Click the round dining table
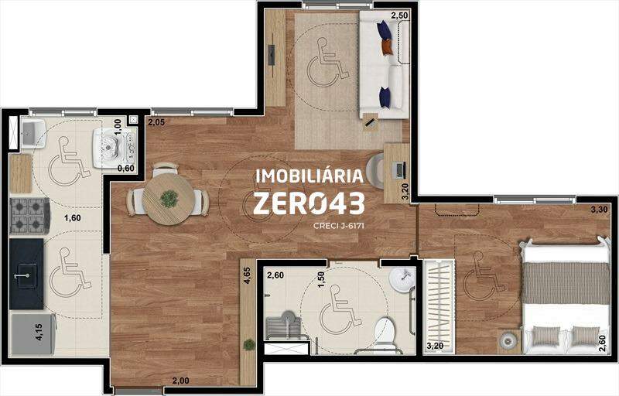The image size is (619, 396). tap(169, 199)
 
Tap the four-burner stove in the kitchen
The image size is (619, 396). tap(29, 216)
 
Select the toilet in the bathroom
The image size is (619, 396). tap(384, 333)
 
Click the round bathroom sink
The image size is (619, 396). tap(402, 280)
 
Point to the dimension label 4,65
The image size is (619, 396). tap(247, 275)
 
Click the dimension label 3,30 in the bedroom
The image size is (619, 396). tap(599, 210)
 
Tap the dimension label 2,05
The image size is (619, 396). tap(156, 122)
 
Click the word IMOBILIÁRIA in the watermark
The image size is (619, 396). tap(309, 176)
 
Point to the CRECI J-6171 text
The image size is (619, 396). tap(338, 226)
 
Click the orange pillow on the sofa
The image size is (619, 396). tap(387, 46)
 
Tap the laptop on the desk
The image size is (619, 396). tap(399, 170)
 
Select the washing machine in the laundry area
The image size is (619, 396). tap(114, 148)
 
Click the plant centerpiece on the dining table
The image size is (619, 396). tap(169, 199)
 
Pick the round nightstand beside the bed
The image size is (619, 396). tap(508, 340)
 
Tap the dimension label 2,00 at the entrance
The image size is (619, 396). tap(180, 381)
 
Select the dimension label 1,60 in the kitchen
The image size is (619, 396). tap(73, 218)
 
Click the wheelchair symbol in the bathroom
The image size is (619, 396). tap(340, 310)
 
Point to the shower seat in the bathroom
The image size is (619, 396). tap(284, 326)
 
